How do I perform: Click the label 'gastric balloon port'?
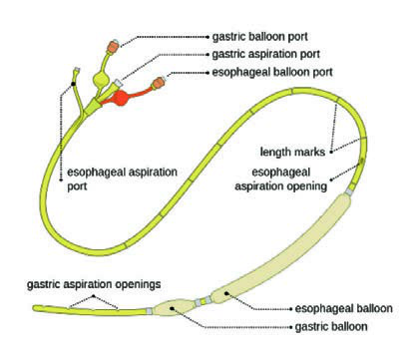click(x=259, y=37)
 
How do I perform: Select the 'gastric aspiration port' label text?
click(x=266, y=54)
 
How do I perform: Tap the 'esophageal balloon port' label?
click(x=272, y=72)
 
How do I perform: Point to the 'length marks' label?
click(x=292, y=152)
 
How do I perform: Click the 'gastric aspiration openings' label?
click(x=94, y=284)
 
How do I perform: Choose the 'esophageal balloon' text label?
click(x=344, y=308)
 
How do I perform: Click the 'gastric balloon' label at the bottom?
click(x=331, y=327)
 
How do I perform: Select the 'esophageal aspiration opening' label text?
click(x=281, y=180)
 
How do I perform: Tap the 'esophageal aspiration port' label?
click(x=122, y=180)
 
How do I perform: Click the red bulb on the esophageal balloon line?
click(x=121, y=98)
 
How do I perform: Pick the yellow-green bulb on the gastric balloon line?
click(x=101, y=79)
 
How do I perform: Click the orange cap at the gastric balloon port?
click(x=113, y=46)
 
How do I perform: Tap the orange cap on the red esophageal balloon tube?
click(x=159, y=83)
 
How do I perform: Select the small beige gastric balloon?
click(x=174, y=307)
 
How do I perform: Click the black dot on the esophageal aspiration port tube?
click(x=73, y=83)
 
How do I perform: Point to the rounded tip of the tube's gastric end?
click(x=35, y=308)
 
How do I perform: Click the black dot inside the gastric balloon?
click(x=172, y=308)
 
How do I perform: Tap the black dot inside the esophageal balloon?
click(x=226, y=293)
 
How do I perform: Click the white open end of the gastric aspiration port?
click(x=118, y=83)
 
